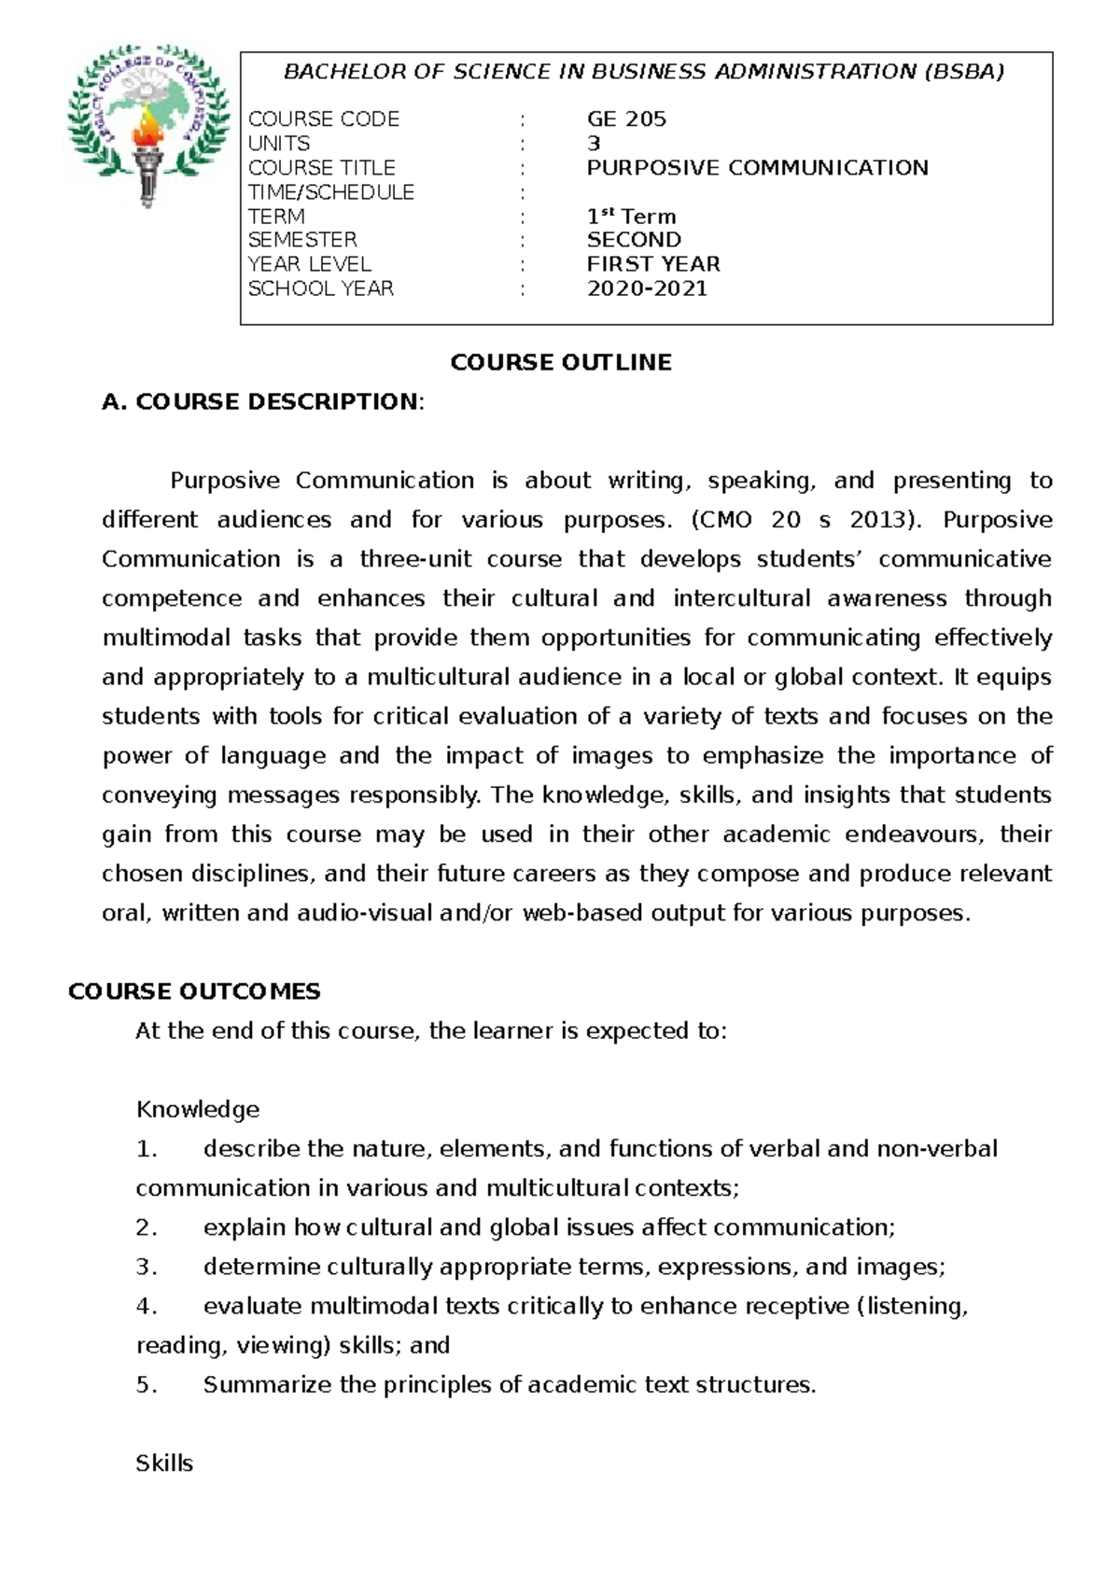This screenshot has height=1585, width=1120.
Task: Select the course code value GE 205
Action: point(626,119)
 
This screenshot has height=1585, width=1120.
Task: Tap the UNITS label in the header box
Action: point(278,144)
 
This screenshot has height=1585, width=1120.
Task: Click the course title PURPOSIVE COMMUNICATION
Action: point(757,168)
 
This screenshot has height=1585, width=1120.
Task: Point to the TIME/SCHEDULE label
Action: point(330,192)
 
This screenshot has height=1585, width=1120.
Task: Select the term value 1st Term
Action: point(631,217)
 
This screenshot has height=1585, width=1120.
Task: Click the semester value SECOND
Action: point(634,240)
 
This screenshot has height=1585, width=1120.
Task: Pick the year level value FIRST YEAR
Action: point(653,264)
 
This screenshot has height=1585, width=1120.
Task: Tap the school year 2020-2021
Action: point(647,288)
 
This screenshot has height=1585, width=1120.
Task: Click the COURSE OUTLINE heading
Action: point(561,363)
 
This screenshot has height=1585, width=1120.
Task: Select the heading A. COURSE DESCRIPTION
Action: point(262,402)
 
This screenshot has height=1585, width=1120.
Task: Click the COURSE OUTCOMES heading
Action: point(194,991)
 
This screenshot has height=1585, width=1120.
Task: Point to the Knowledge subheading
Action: point(198,1110)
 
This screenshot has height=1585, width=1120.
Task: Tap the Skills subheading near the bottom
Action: point(164,1464)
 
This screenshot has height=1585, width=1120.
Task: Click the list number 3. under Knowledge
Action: point(147,1268)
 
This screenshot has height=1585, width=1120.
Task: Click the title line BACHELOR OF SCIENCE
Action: point(644,72)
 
